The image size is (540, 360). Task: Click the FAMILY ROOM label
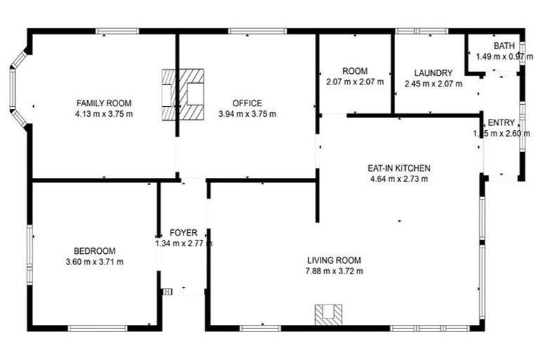104,103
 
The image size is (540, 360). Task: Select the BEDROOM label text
94,251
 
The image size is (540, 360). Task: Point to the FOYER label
184,233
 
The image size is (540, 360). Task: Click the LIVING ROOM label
333,260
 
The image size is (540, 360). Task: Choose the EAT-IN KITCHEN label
399,168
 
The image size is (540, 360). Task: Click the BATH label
503,46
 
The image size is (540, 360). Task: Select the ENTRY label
501,123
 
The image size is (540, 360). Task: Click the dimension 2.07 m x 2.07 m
355,82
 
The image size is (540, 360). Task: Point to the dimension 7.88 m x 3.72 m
333,271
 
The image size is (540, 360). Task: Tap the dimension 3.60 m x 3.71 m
94,262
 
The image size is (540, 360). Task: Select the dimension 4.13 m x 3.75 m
104,114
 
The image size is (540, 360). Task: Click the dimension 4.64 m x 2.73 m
399,179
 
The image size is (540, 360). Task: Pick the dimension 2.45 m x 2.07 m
433,84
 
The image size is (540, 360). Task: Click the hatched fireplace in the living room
328,314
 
